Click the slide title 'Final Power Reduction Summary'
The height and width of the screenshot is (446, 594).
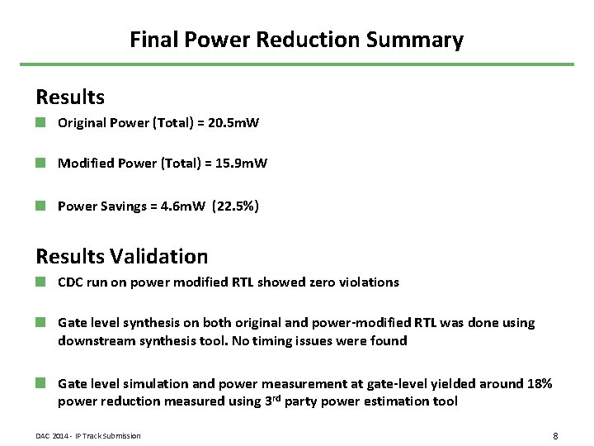coord(296,40)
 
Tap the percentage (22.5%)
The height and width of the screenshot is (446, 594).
coord(235,206)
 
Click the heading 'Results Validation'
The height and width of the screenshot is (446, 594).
coord(122,257)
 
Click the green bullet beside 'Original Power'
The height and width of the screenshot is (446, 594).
coord(40,122)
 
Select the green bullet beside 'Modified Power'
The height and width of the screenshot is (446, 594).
coord(40,163)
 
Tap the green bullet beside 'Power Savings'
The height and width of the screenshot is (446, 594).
coord(40,205)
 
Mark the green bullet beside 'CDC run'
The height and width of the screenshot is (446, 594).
coord(40,282)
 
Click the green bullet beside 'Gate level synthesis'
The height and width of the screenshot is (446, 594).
coord(40,322)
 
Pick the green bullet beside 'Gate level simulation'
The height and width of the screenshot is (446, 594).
coord(40,383)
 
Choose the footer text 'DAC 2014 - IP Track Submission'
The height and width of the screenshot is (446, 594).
coord(88,436)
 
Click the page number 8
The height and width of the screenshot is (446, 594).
coord(555,435)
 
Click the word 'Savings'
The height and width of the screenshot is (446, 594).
coord(124,206)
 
